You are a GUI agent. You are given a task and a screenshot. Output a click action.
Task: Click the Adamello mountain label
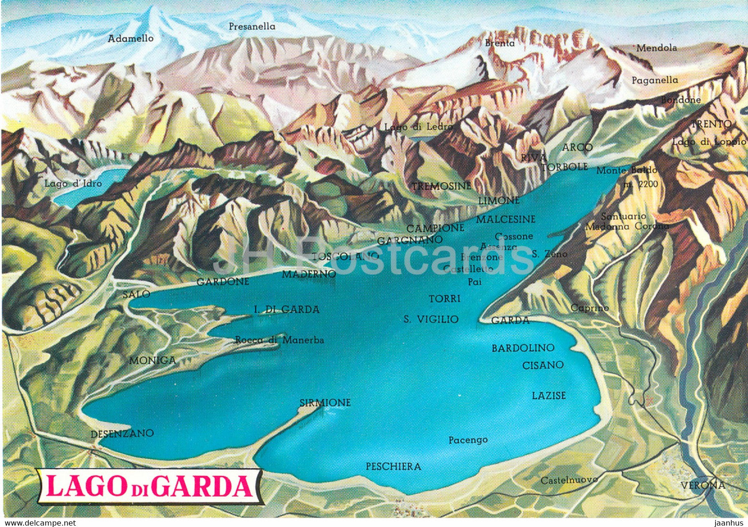tap(130, 39)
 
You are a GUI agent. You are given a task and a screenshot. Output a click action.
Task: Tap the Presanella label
tap(252, 27)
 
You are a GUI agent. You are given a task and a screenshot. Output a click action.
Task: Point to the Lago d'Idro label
tap(73, 183)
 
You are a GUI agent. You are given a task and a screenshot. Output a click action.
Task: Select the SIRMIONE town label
tap(325, 402)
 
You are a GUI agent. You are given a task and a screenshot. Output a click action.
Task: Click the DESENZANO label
tap(122, 433)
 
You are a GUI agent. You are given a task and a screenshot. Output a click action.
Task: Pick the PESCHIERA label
tap(393, 466)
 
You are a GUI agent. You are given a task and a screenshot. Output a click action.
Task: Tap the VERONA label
tap(702, 485)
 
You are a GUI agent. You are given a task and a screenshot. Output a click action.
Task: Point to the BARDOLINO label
tap(523, 348)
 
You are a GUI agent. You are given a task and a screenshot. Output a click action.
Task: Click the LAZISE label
tap(549, 395)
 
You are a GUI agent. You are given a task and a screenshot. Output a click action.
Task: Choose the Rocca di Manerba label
tap(279, 340)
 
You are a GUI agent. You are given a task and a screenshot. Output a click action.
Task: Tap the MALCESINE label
tap(506, 219)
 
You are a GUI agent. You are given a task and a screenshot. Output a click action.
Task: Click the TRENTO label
tap(711, 124)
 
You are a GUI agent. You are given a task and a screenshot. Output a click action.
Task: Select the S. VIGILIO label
tap(431, 319)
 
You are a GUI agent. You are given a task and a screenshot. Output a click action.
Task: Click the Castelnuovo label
tap(568, 479)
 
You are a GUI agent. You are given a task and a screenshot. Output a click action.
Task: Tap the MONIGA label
tap(153, 360)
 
